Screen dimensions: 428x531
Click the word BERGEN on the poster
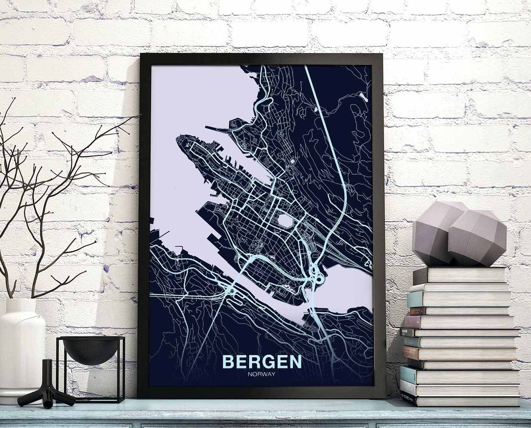[x=262, y=362]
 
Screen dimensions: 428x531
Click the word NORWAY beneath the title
[x=262, y=374]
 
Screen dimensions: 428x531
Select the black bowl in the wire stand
[x=91, y=350]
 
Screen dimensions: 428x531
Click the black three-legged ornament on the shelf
[x=47, y=389]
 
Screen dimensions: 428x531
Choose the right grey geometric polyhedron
[x=477, y=239]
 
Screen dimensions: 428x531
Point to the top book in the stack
[x=460, y=275]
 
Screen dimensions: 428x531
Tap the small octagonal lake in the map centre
[x=285, y=221]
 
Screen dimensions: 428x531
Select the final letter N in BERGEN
[x=295, y=362]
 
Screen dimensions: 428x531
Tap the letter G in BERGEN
[x=268, y=362]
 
